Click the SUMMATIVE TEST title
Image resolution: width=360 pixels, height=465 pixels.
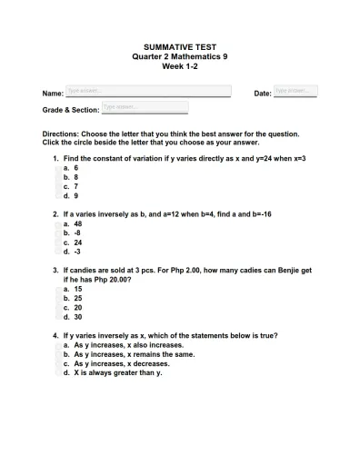click(x=180, y=46)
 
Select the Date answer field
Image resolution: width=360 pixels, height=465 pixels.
click(x=295, y=92)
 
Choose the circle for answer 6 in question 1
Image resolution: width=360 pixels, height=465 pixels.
click(x=57, y=168)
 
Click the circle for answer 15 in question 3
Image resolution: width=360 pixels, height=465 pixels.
click(x=57, y=290)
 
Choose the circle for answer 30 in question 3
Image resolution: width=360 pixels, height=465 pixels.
click(x=57, y=317)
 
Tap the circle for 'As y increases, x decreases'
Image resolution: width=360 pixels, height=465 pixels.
click(x=57, y=364)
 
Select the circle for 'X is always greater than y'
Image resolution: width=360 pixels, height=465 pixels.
click(x=57, y=373)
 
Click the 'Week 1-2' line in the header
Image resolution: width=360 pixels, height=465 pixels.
click(x=180, y=65)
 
